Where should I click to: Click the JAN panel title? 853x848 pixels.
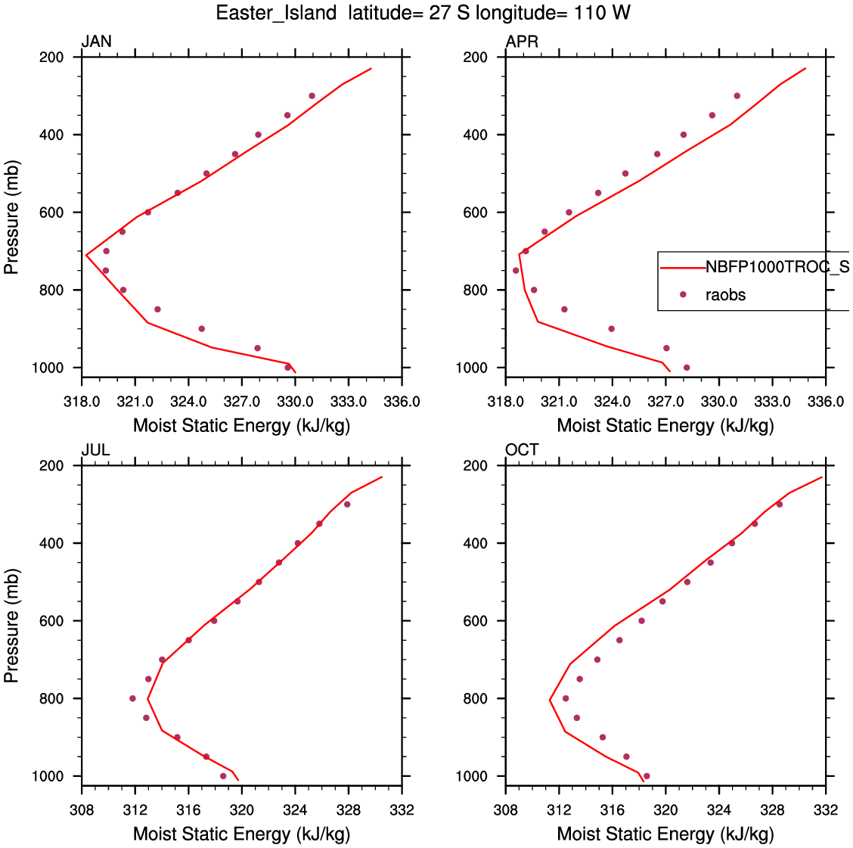coord(96,42)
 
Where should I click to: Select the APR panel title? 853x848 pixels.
coord(522,42)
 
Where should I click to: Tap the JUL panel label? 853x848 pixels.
coord(95,450)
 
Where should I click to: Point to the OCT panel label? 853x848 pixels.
coord(522,450)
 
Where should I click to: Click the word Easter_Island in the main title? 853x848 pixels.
coord(276,13)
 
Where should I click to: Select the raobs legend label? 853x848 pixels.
coord(725,295)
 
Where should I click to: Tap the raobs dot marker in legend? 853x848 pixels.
coord(683,295)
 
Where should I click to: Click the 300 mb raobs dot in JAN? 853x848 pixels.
coord(312,96)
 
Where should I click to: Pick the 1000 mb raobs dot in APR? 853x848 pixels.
coord(687,368)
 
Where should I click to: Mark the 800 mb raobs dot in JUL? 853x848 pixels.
coord(132,698)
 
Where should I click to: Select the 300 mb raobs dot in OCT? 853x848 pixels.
coord(780,505)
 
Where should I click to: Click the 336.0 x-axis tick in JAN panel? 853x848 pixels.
coord(402,401)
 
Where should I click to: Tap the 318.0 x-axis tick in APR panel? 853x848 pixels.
coord(506,401)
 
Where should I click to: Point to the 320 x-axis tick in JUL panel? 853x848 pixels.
coord(242,810)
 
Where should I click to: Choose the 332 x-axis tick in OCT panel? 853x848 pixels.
coord(826,810)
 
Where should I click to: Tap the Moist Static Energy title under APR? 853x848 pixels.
coord(665,426)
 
